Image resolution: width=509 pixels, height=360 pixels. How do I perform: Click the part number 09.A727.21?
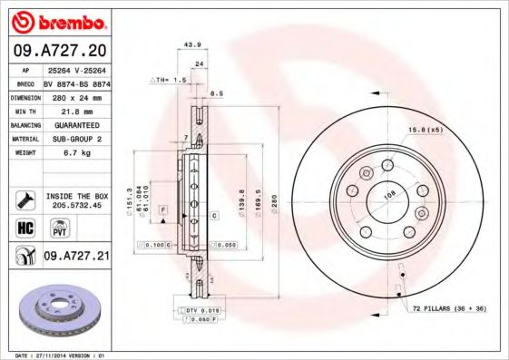tap(76, 257)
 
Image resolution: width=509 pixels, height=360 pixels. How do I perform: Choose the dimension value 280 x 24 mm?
tap(75, 96)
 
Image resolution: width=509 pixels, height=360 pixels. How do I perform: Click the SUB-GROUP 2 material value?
tap(75, 139)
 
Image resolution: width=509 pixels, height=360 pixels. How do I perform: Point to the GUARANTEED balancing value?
tap(75, 124)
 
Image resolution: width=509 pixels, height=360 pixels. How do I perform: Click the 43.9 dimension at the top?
tap(191, 44)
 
